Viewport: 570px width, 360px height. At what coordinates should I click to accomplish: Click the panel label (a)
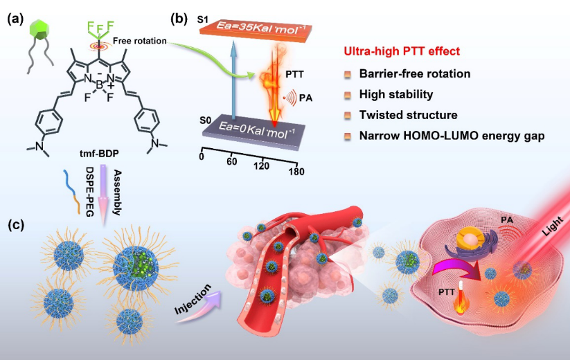(x=16, y=19)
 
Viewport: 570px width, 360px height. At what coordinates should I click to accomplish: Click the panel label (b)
(x=179, y=19)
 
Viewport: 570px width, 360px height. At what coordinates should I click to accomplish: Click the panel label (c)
(x=16, y=225)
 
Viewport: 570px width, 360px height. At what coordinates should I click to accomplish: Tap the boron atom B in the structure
(x=99, y=85)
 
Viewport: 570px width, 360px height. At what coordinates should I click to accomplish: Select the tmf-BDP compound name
(x=99, y=154)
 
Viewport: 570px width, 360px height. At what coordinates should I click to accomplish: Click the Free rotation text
(x=140, y=41)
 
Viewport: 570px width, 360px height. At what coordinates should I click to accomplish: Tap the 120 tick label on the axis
(x=262, y=166)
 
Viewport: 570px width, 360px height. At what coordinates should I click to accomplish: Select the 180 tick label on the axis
(x=296, y=172)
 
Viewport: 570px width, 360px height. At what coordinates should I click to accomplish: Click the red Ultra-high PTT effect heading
(x=402, y=51)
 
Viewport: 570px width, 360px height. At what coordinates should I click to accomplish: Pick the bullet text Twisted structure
(x=408, y=115)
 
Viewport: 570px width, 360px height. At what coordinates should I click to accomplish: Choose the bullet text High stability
(x=396, y=94)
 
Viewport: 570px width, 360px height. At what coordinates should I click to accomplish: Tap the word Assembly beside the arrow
(x=117, y=192)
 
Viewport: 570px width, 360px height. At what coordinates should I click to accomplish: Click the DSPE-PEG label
(x=89, y=192)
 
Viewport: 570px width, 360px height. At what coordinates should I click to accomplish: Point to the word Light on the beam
(x=553, y=226)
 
